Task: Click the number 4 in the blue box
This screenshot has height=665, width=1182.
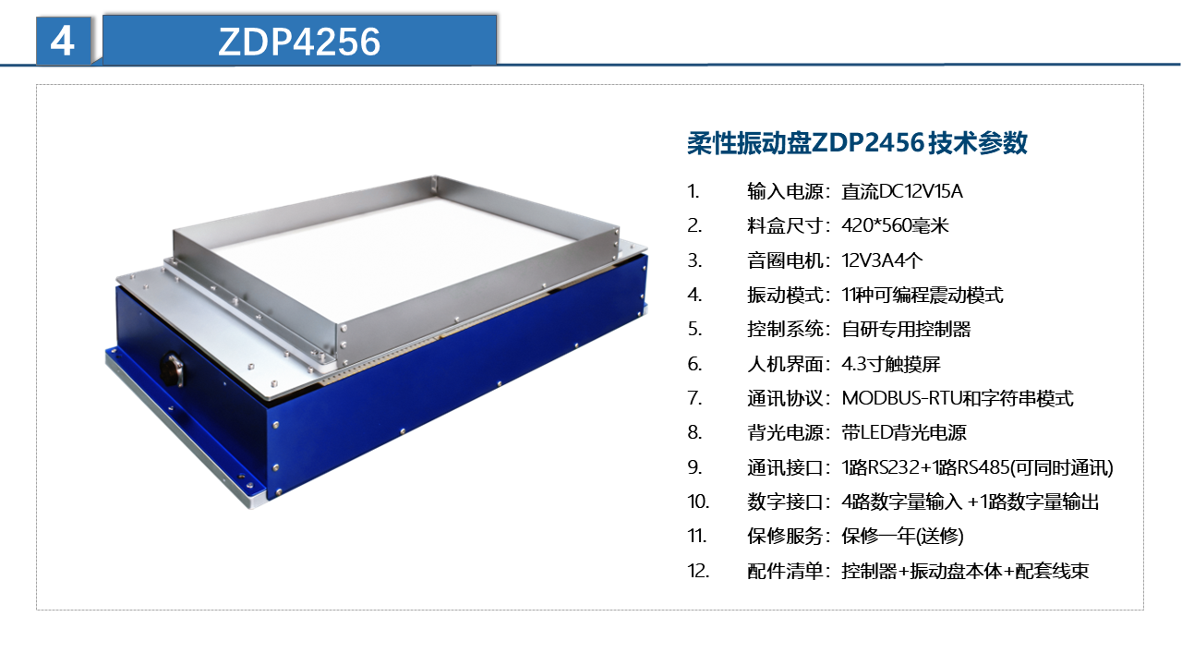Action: pos(62,42)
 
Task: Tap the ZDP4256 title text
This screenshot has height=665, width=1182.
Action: pos(299,42)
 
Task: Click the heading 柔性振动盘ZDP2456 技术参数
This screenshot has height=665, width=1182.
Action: pos(857,143)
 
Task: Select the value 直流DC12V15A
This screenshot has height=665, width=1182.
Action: pos(902,191)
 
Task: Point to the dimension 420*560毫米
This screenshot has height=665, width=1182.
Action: pos(895,226)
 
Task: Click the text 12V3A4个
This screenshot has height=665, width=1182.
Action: pos(882,260)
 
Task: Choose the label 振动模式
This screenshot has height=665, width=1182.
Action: pos(785,295)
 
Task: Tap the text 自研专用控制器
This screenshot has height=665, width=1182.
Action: pos(906,330)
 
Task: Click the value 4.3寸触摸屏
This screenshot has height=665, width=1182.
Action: pos(891,364)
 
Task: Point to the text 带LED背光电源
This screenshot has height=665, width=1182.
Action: pos(904,433)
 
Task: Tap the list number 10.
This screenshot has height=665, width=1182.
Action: pos(697,502)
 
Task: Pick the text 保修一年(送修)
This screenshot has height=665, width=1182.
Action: pos(902,537)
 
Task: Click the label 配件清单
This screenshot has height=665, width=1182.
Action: pos(785,571)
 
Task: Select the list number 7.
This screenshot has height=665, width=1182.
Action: pos(694,398)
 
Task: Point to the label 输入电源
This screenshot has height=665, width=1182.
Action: pos(785,191)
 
